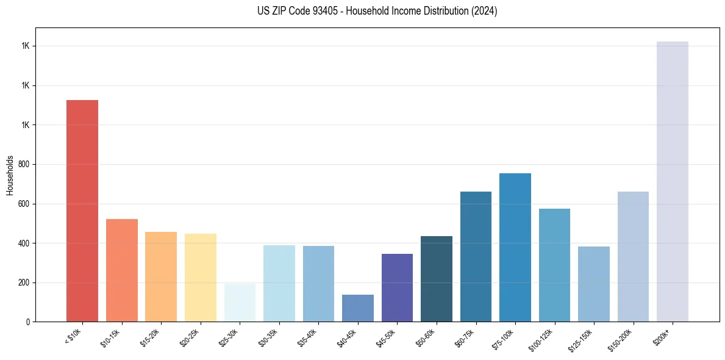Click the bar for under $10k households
pos(82,211)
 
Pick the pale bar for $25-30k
pos(240,303)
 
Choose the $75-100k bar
pos(515,247)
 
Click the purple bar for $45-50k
pos(397,287)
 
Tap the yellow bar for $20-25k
pos(201,278)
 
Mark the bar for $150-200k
pos(633,256)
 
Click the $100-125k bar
pos(554,265)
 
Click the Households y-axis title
pos(10,175)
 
